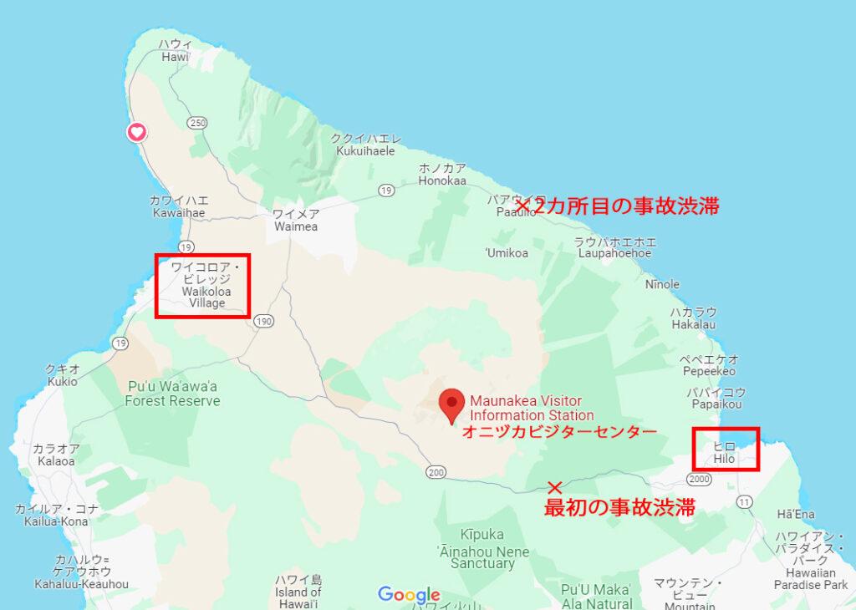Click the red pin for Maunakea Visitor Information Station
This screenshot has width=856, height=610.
pyautogui.click(x=452, y=404)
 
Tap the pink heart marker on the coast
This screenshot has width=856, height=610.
pyautogui.click(x=137, y=132)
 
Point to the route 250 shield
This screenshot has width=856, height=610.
pyautogui.click(x=198, y=122)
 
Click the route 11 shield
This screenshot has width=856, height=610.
pyautogui.click(x=744, y=501)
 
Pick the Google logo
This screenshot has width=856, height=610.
pyautogui.click(x=409, y=595)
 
